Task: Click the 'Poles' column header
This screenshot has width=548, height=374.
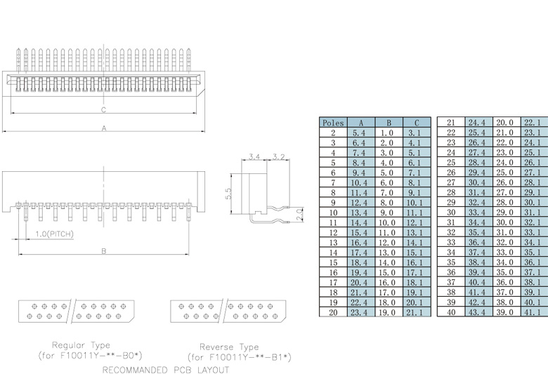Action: [333, 123]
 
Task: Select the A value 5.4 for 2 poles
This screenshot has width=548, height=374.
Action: [359, 133]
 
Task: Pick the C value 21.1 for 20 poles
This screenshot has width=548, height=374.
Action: [415, 311]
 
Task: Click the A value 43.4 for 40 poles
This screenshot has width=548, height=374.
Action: [477, 311]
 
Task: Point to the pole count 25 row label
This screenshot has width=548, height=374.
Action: [451, 162]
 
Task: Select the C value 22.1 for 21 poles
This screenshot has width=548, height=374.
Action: [533, 123]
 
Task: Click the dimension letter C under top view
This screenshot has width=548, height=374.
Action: [103, 110]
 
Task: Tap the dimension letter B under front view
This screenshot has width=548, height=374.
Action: [103, 250]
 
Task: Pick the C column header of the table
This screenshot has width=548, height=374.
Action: [416, 123]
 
